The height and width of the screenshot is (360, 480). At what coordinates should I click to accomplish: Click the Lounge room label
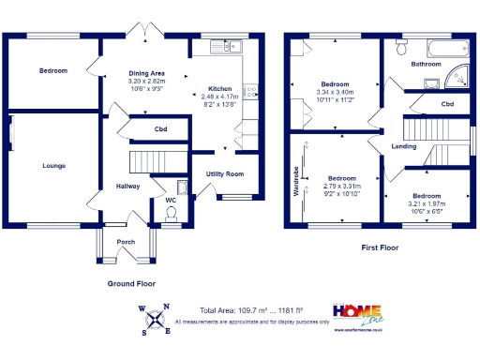pos(53,166)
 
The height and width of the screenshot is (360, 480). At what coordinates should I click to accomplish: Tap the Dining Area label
pos(146,72)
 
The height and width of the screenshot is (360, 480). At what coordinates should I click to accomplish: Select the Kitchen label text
pos(221,88)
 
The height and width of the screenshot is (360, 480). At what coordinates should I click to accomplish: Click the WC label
pos(171,200)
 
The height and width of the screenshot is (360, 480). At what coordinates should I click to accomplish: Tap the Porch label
pos(126,241)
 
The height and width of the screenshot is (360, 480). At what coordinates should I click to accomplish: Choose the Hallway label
pos(127,186)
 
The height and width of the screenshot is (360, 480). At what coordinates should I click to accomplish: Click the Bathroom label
pos(427,64)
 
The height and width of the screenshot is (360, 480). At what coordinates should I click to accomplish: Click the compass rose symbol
pos(155,319)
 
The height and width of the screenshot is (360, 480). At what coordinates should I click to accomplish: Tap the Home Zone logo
pos(359,315)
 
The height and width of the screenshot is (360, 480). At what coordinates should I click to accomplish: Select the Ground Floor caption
pos(131,282)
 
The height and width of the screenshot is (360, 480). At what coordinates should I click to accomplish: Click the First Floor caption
pos(383,248)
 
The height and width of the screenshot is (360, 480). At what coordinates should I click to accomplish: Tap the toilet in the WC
pos(171,216)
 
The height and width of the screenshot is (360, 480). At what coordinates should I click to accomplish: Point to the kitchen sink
pos(226,45)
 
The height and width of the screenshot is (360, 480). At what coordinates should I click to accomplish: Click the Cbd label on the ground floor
pos(160,128)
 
